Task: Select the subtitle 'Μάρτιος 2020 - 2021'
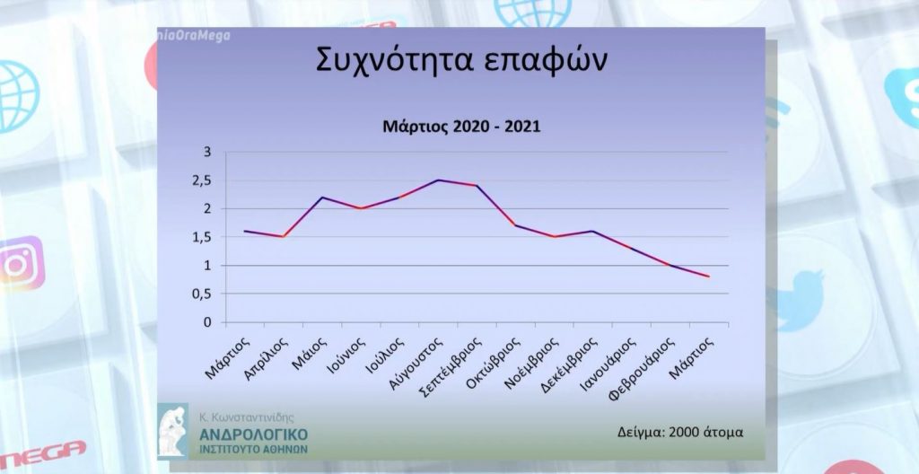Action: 457,127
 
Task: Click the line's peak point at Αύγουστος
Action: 438,180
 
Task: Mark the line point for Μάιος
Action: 322,197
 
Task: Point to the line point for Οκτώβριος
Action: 515,225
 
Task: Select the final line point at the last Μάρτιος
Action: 709,276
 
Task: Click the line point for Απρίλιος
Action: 284,237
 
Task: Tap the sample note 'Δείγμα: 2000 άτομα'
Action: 681,431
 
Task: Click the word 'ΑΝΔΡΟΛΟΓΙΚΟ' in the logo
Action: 254,434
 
